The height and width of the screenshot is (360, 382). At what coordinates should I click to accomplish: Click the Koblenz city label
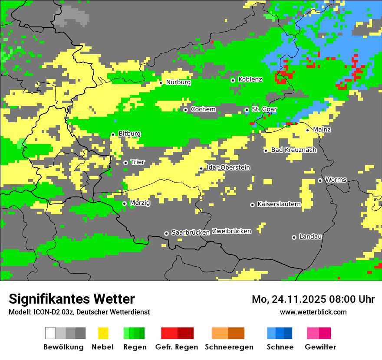pyautogui.click(x=250, y=79)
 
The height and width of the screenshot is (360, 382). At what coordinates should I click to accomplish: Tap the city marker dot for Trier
pyautogui.click(x=125, y=163)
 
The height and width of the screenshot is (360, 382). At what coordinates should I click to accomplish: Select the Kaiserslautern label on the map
pyautogui.click(x=279, y=204)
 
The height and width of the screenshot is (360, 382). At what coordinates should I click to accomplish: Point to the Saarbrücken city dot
pyautogui.click(x=166, y=233)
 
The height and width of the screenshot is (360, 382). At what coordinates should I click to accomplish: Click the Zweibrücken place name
pyautogui.click(x=231, y=231)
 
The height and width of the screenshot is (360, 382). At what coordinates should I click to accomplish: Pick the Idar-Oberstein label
pyautogui.click(x=228, y=167)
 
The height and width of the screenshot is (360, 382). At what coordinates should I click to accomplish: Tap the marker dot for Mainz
pyautogui.click(x=307, y=130)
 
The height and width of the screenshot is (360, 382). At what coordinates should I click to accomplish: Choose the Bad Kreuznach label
pyautogui.click(x=293, y=150)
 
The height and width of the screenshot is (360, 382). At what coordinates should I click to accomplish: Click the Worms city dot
pyautogui.click(x=320, y=180)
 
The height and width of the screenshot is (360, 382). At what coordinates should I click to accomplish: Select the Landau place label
pyautogui.click(x=310, y=237)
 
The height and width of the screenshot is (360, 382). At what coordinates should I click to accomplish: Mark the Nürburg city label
pyautogui.click(x=178, y=82)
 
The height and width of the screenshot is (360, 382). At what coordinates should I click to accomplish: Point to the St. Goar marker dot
pyautogui.click(x=247, y=110)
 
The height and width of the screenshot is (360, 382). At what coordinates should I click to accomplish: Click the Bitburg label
pyautogui.click(x=129, y=134)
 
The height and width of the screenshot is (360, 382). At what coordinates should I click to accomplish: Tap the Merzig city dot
pyautogui.click(x=124, y=203)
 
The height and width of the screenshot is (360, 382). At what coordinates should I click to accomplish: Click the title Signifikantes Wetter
pyautogui.click(x=72, y=299)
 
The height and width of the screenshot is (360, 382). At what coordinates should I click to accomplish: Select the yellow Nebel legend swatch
pyautogui.click(x=103, y=333)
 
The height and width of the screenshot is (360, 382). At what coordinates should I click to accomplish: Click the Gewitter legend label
pyautogui.click(x=320, y=347)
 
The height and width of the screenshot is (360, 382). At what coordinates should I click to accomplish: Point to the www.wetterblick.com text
pyautogui.click(x=313, y=312)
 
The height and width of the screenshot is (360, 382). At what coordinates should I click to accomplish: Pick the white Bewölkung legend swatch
pyautogui.click(x=50, y=333)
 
